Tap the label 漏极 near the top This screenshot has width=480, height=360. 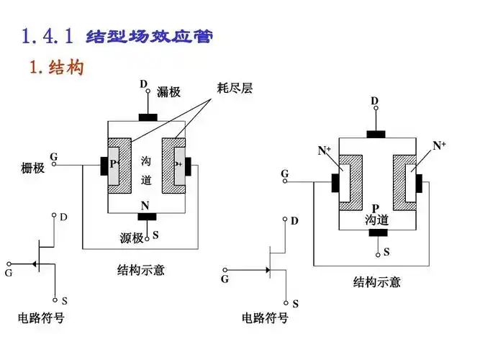(x=168, y=91)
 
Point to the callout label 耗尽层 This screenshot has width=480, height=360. (x=235, y=89)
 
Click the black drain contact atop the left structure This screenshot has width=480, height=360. (x=148, y=117)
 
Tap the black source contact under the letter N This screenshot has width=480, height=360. (x=147, y=217)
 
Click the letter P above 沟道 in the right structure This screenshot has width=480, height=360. (x=376, y=207)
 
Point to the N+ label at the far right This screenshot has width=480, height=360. (x=439, y=145)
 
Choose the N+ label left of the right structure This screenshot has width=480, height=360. (x=325, y=150)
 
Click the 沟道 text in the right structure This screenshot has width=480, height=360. (x=376, y=220)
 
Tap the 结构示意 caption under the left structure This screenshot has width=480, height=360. (x=141, y=270)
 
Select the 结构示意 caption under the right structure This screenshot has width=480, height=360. (x=376, y=282)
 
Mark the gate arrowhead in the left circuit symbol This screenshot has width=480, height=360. (x=34, y=264)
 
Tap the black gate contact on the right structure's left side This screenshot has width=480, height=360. (x=335, y=182)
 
